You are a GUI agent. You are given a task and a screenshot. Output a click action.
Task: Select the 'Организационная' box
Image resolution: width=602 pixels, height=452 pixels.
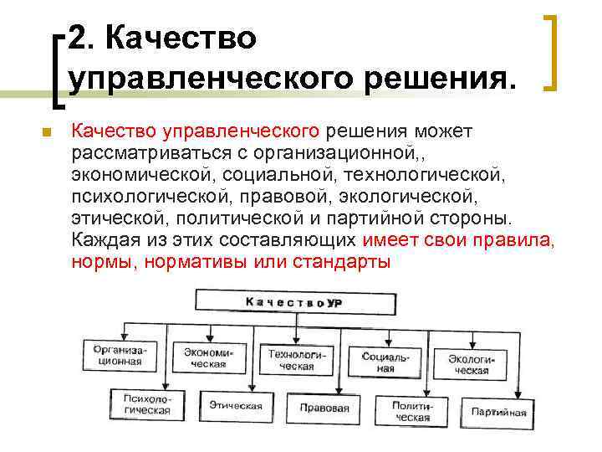click(x=118, y=356)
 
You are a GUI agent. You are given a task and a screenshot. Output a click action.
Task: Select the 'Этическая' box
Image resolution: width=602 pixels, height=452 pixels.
click(x=235, y=407)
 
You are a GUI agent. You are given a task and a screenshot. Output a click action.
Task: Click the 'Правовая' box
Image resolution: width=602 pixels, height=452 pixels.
click(x=324, y=408)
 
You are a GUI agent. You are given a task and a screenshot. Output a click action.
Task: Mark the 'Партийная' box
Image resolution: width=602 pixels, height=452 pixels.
click(x=499, y=412)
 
